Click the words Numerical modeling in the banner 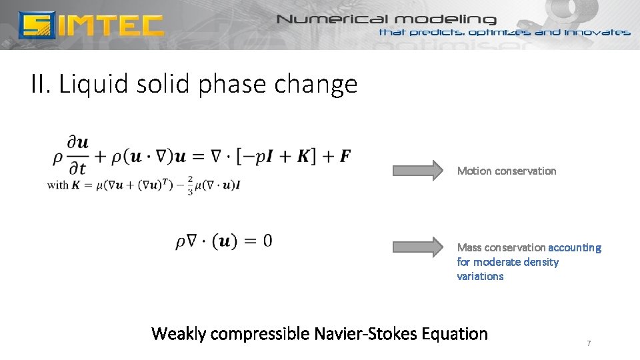click(x=387, y=19)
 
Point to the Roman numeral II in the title click(x=41, y=85)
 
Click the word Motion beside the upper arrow click(x=474, y=171)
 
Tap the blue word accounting click(x=575, y=247)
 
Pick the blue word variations click(x=480, y=276)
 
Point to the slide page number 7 click(x=589, y=343)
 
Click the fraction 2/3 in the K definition click(x=190, y=185)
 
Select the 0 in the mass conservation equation click(x=267, y=241)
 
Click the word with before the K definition click(x=57, y=185)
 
